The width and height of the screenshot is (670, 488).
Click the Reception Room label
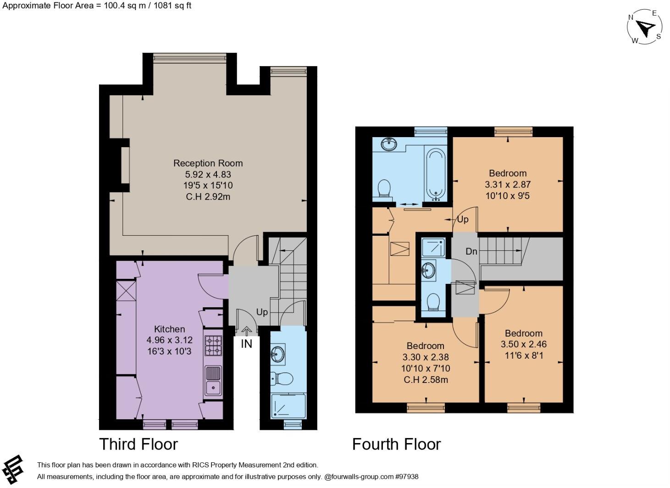(208, 163)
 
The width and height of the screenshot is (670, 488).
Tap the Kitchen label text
(169, 329)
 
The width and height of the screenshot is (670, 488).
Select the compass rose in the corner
(645, 28)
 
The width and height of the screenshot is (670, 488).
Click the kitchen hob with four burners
(213, 345)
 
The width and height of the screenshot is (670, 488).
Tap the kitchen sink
(213, 381)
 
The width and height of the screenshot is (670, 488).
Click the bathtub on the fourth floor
(435, 173)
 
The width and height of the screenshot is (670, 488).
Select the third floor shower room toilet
(281, 379)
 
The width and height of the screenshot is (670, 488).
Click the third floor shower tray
(288, 406)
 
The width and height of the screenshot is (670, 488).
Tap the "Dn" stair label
(471, 251)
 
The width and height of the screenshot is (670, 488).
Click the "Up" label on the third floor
(262, 312)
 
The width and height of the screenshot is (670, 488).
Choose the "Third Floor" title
(138, 444)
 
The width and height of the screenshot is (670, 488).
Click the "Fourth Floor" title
(396, 444)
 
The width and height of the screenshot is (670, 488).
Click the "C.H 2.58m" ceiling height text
(425, 380)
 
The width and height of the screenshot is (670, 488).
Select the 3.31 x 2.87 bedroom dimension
(507, 184)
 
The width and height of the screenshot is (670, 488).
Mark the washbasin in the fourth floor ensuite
(430, 269)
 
